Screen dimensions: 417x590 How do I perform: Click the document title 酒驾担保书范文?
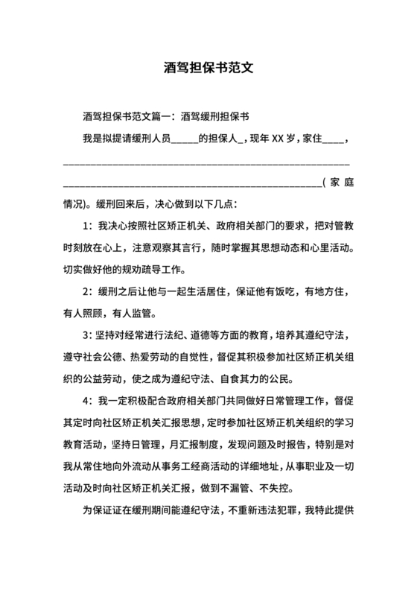point(208,66)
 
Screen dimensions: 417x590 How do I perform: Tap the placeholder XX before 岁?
point(277,139)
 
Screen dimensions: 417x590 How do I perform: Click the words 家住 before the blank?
point(311,139)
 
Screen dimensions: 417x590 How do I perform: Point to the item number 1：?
point(86,225)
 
